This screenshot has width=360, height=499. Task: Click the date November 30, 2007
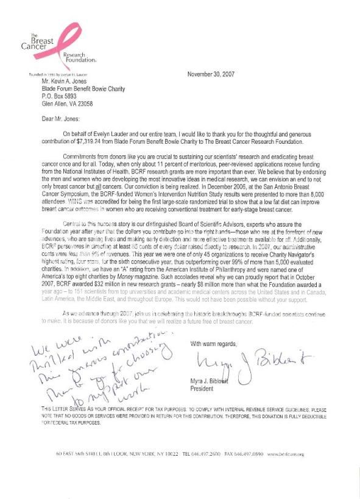point(219,74)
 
